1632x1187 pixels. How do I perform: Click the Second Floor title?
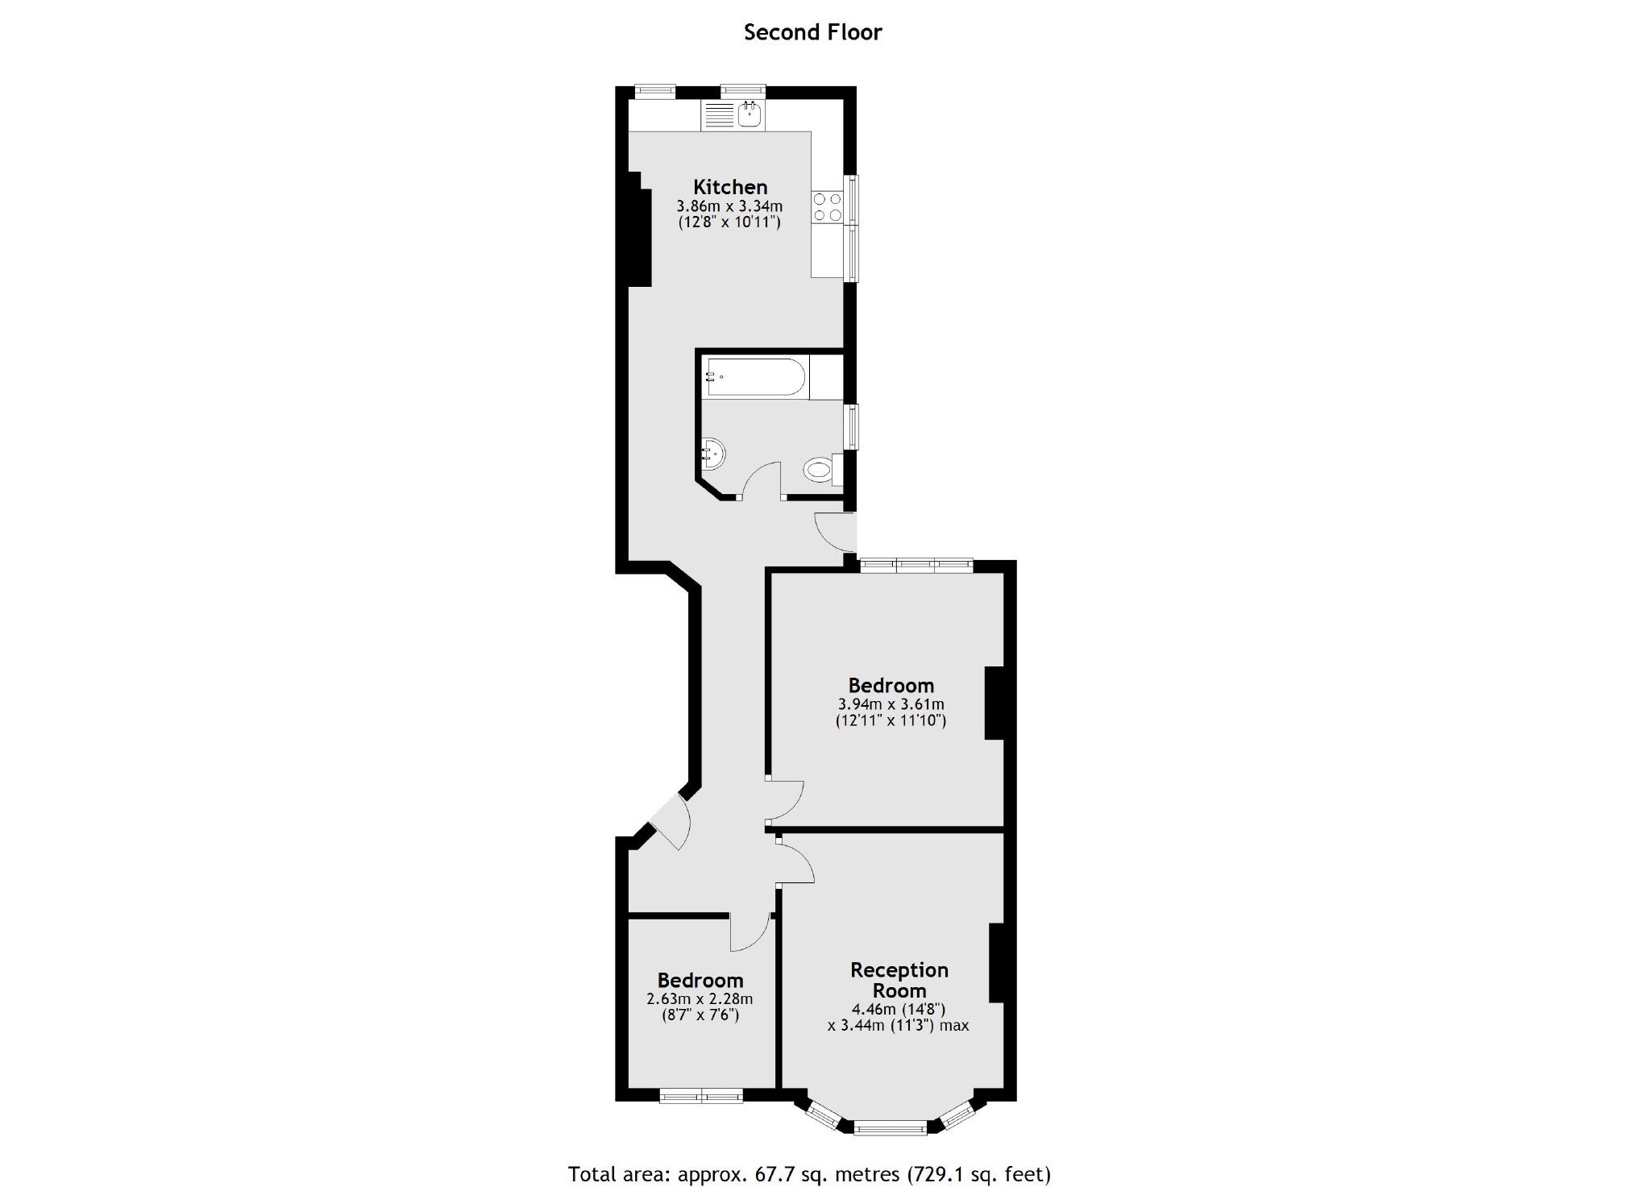coord(812,32)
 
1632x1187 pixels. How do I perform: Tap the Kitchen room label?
coord(730,187)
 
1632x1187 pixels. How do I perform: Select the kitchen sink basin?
coord(750,114)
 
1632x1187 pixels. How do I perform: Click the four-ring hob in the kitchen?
coord(827,206)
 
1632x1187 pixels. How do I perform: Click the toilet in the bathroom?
coord(818,470)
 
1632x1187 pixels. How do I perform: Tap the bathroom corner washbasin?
coord(712,454)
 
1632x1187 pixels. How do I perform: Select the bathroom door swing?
coord(761,481)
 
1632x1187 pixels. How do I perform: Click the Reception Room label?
coord(899,980)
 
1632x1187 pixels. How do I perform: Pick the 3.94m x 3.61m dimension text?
coord(891,704)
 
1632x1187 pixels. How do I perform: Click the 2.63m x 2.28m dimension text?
coord(700,999)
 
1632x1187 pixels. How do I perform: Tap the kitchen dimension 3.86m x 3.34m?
coord(729,206)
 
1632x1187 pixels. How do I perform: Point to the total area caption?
coord(809,1174)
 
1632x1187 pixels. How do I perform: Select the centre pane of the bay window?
coord(890,1128)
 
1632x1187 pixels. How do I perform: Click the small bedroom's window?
coord(701,1096)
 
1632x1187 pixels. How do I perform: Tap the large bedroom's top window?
coord(916,565)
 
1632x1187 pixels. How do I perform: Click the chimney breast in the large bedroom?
coord(995,703)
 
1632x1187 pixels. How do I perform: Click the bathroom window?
coord(851,425)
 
